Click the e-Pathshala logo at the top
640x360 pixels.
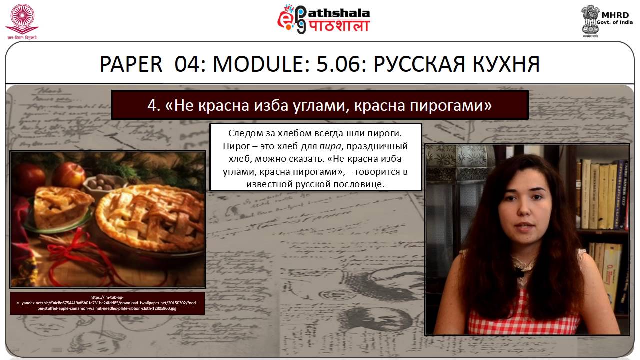click(323, 20)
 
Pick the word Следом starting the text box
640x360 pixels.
click(245, 134)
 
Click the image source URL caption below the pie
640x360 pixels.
click(107, 303)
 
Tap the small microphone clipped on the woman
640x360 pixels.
click(520, 273)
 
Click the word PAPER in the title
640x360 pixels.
click(131, 64)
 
